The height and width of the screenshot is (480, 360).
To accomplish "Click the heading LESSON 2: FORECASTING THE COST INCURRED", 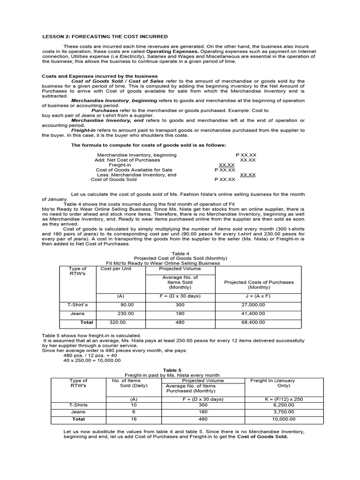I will click(105, 36).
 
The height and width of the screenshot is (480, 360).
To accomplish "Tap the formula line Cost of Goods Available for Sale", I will click(134, 170).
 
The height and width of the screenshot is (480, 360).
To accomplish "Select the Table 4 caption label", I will click(180, 253).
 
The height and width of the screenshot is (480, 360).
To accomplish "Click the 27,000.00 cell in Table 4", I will click(253, 304).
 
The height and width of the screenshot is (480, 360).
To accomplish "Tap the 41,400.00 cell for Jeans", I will click(253, 313).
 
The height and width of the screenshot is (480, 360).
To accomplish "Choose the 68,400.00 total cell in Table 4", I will click(253, 322).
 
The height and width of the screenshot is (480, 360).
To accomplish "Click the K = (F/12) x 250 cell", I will click(278, 399).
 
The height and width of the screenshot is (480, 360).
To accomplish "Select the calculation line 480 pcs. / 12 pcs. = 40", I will click(90, 355).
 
